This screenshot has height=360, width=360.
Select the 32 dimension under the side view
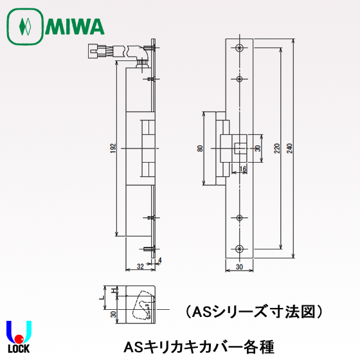click(x=140, y=265)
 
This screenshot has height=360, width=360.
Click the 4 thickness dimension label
click(x=159, y=260)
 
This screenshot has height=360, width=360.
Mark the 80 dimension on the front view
click(x=201, y=148)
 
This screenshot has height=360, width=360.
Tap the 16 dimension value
click(x=243, y=169)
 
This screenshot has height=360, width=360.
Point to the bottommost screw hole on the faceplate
click(x=239, y=248)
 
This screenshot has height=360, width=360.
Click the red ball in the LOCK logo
click(x=20, y=338)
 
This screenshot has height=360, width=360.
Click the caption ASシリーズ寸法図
click(x=253, y=312)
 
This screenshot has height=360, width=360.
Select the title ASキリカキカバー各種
click(x=201, y=346)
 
